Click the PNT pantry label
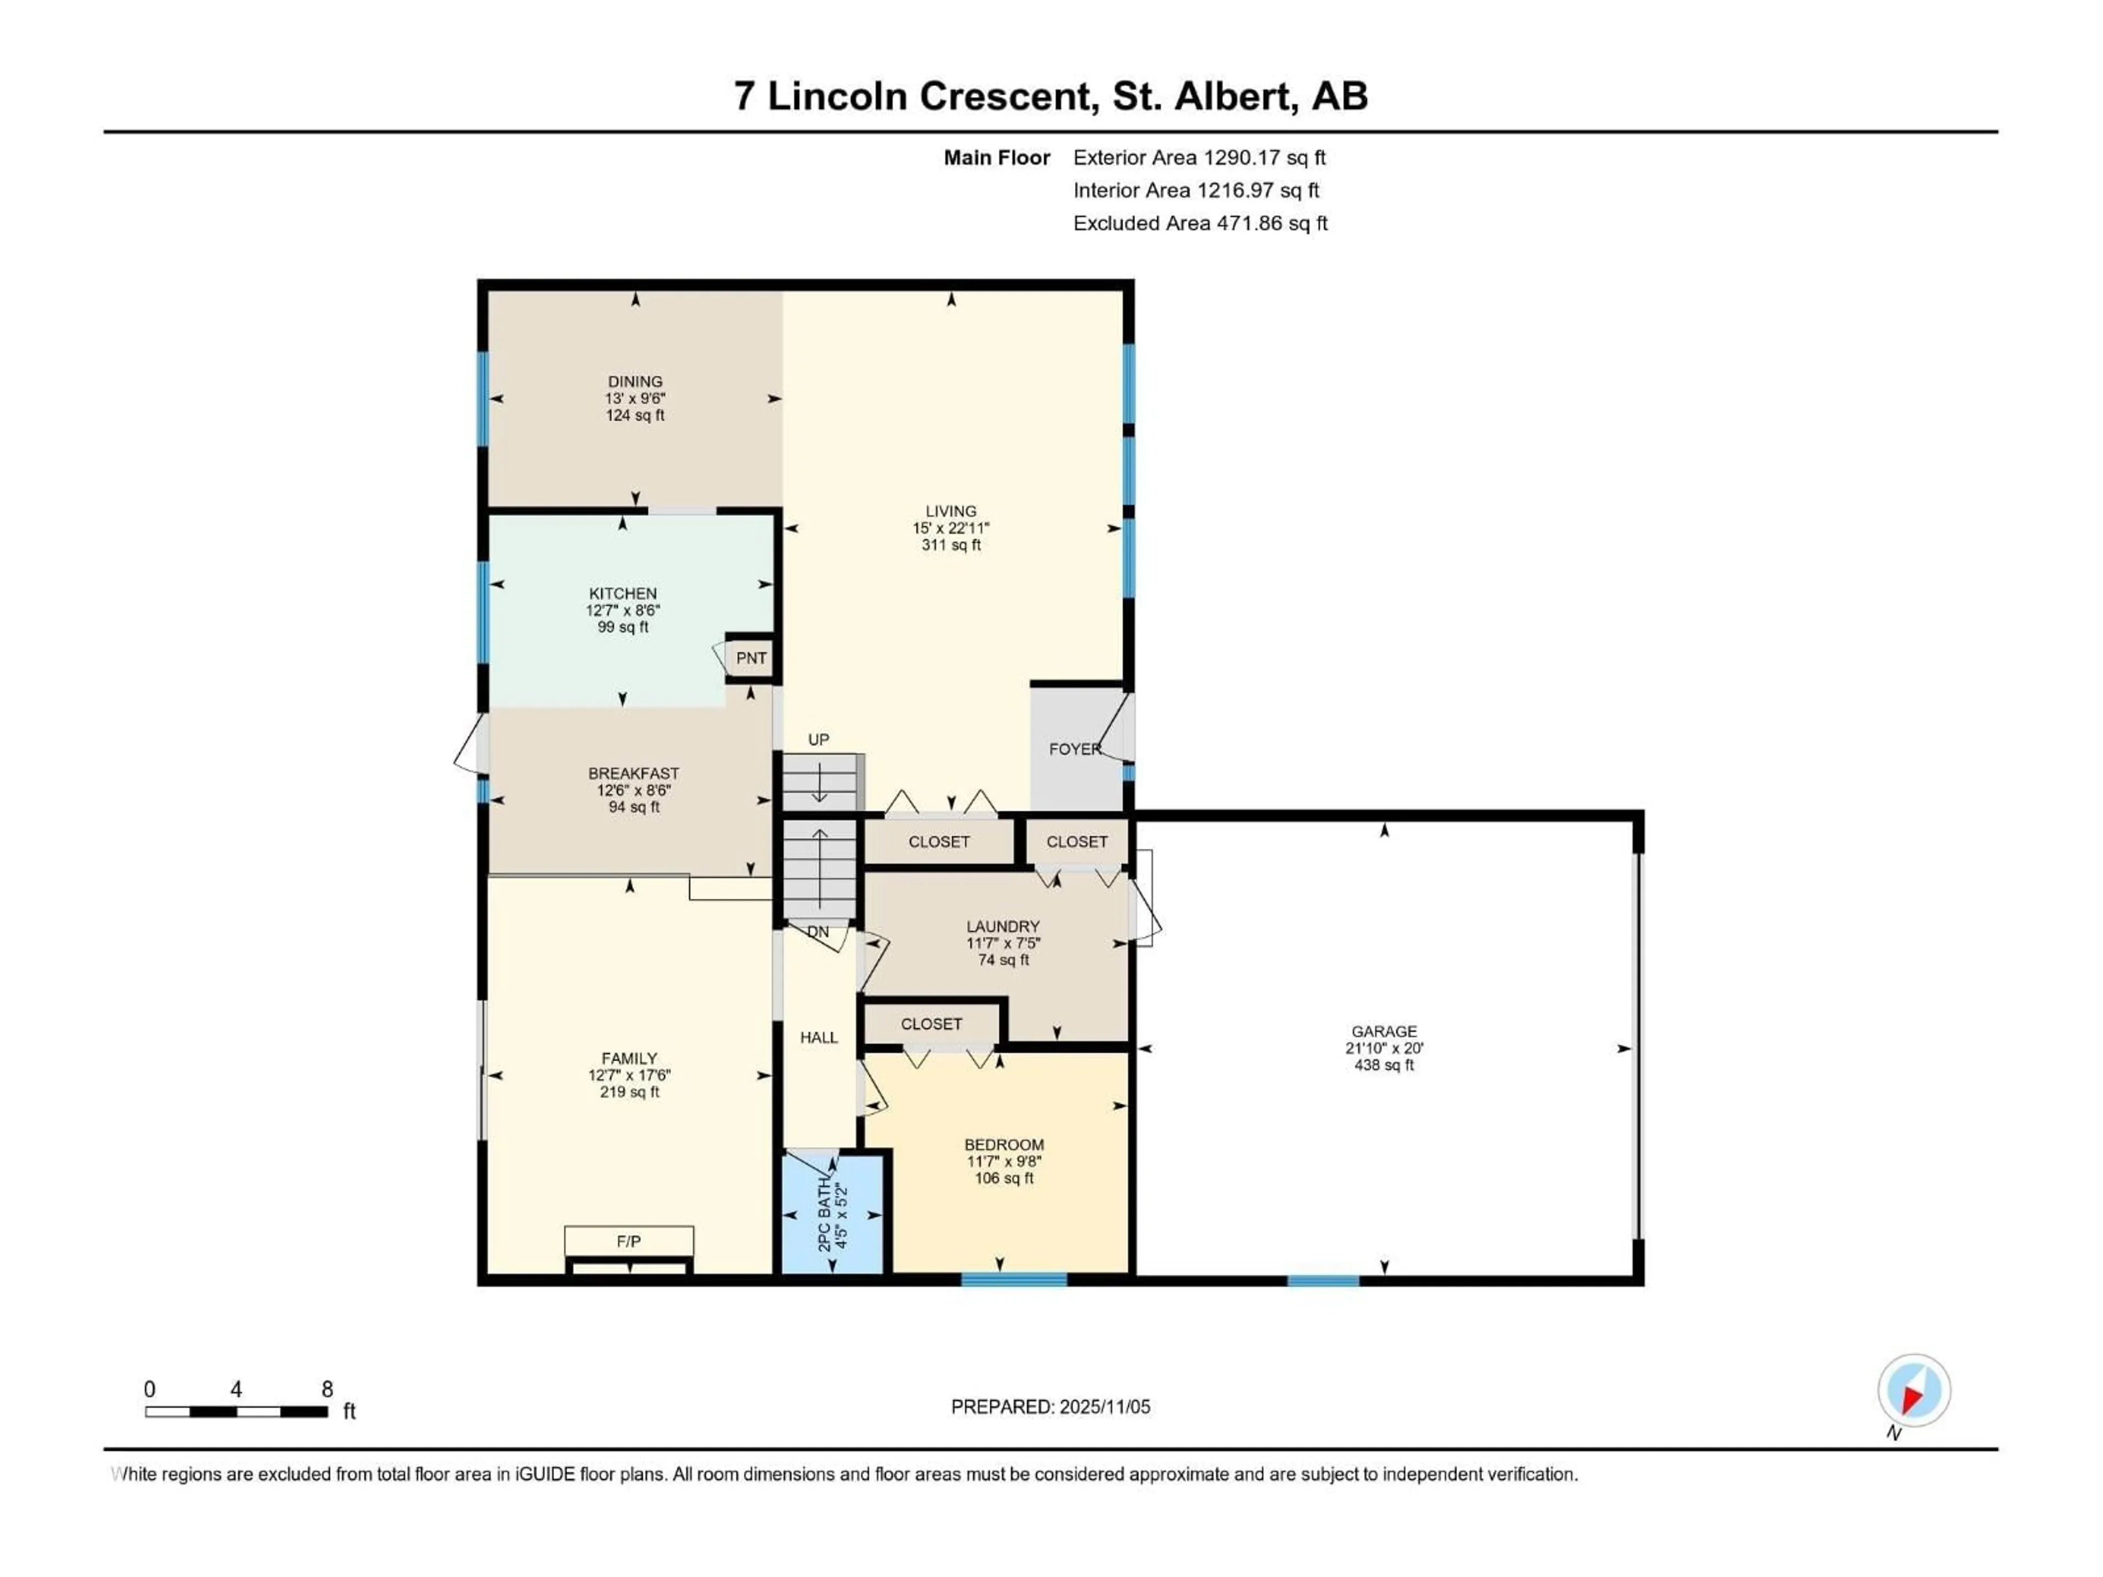[x=751, y=658]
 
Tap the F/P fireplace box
[x=628, y=1241]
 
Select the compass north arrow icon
[x=1914, y=1391]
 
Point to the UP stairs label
[x=819, y=740]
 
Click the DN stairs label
[x=818, y=933]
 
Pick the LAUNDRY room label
[x=1003, y=926]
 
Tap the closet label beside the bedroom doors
[x=931, y=1024]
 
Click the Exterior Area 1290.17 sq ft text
[x=1199, y=158]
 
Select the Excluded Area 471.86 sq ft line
[x=1200, y=223]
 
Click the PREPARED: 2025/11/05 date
[x=1050, y=1407]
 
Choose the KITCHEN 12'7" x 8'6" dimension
[x=623, y=611]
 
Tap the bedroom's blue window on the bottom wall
[x=1014, y=1280]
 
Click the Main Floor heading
[x=996, y=158]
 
